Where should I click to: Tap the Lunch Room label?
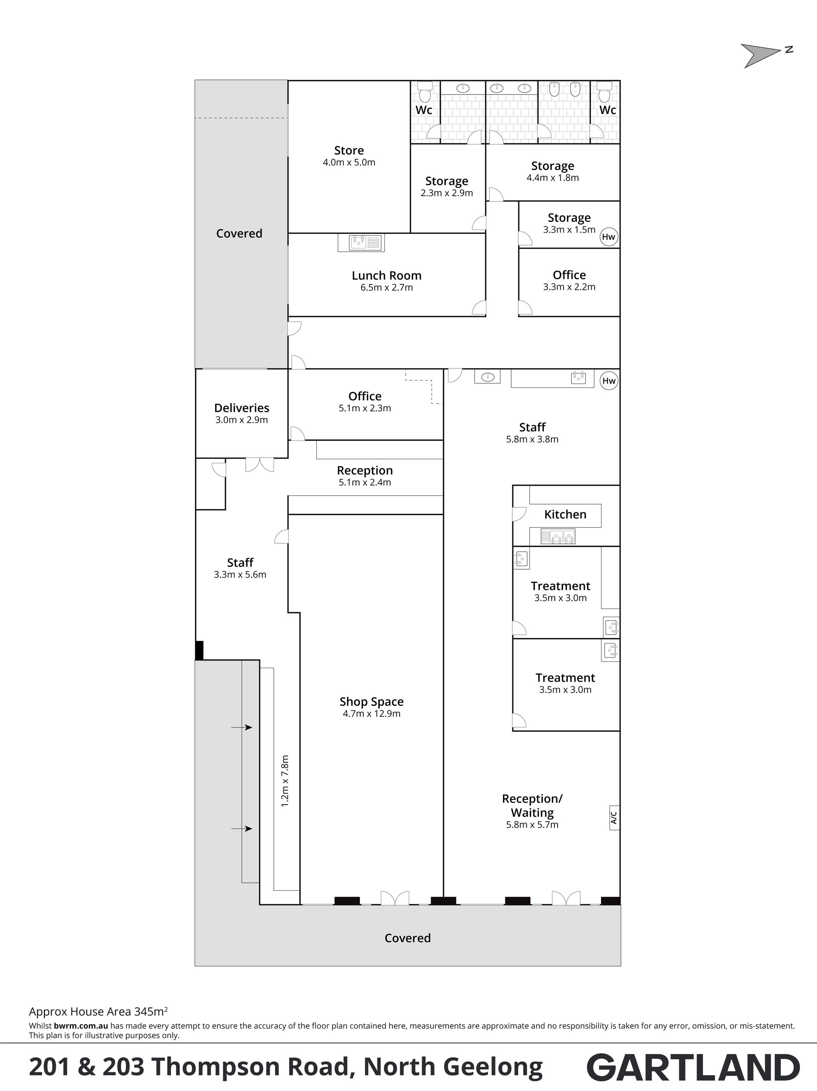(387, 275)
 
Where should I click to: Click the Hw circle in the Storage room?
(608, 237)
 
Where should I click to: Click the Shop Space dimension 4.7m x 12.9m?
(371, 713)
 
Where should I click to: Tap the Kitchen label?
(565, 514)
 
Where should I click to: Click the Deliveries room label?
(242, 407)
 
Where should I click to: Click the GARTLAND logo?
(693, 1068)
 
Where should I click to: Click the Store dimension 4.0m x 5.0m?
(349, 162)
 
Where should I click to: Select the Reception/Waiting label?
(532, 805)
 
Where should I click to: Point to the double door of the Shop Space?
(395, 897)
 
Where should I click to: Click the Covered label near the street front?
(407, 938)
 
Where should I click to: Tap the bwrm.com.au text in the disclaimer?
(81, 1025)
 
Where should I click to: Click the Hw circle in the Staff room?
(609, 381)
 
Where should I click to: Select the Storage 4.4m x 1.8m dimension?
(553, 177)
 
